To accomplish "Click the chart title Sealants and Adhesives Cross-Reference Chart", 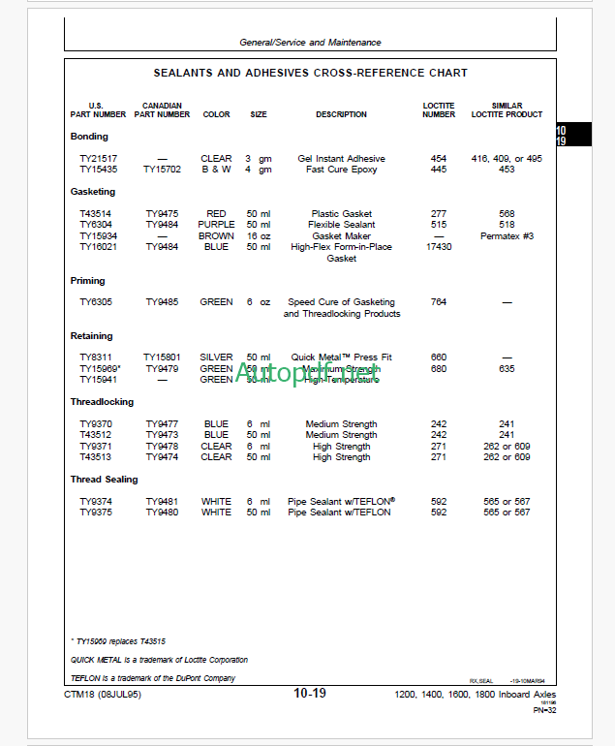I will point(310,73).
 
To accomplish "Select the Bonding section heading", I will point(89,137).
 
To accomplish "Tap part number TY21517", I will point(98,159).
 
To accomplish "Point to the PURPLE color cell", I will point(216,225).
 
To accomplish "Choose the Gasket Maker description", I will point(341,236).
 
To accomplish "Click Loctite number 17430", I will point(438,247).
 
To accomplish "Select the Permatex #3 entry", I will point(507,236).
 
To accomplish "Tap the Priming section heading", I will point(88,281).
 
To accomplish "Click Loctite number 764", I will point(438,302).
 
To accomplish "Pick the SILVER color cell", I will point(216,357).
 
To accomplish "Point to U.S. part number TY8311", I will point(96,357).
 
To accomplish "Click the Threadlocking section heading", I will point(102,402).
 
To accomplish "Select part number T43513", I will point(96,457).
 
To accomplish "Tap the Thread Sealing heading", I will point(104,480).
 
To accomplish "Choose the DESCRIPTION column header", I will point(341,114).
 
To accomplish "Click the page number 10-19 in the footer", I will point(310,694).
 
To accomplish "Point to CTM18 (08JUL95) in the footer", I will point(102,695).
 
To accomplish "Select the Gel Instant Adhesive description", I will point(341,159).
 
